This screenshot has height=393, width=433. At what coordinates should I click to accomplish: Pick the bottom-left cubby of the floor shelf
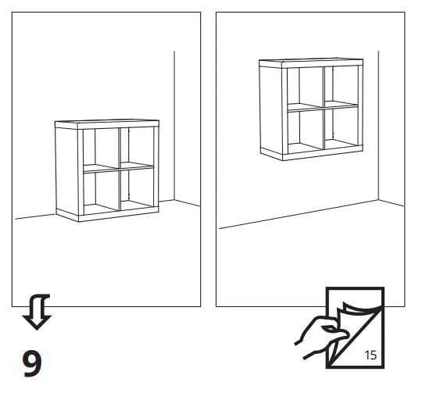[100, 190]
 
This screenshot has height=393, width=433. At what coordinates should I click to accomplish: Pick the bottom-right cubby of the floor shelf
[138, 188]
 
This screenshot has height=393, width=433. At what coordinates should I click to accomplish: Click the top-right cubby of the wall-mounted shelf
[339, 84]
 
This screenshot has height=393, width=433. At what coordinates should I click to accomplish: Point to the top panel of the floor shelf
[107, 123]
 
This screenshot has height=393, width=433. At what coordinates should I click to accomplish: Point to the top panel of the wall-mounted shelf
[311, 62]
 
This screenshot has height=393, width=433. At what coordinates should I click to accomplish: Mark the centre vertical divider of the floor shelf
[119, 168]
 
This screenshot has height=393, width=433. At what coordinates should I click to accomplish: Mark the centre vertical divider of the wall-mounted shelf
[321, 107]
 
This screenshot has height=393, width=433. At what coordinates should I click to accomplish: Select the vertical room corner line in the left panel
[174, 125]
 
